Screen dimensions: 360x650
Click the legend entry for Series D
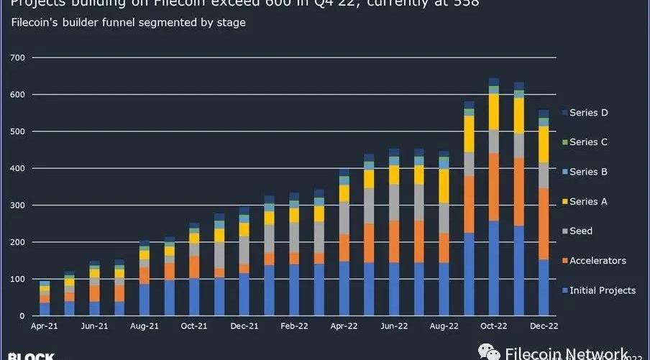(x=588, y=113)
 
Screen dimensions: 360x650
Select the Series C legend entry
(x=588, y=142)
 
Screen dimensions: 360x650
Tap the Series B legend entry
(x=588, y=172)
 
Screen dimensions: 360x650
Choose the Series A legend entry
(x=588, y=202)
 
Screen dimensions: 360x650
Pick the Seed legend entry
(x=581, y=231)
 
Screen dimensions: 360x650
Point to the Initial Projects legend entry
(x=603, y=290)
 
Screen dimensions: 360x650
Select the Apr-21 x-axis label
(x=45, y=326)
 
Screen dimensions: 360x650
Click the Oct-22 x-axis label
(x=494, y=326)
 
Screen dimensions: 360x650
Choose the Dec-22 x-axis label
(x=544, y=326)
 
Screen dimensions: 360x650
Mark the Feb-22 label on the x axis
(x=294, y=326)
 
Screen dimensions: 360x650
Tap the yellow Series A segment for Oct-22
(x=494, y=112)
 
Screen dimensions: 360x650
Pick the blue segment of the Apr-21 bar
(x=45, y=309)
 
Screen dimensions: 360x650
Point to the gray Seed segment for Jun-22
(x=394, y=203)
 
